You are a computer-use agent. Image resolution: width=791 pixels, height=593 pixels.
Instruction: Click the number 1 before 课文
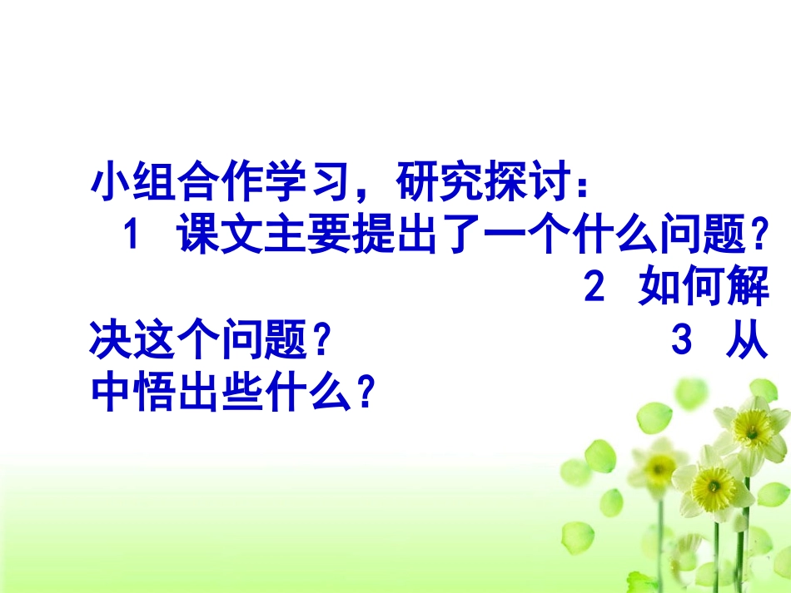pos(130,240)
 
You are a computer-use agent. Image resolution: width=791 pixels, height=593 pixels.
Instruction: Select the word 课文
pos(218,240)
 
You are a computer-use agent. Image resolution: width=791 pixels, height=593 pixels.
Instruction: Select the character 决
pos(110,342)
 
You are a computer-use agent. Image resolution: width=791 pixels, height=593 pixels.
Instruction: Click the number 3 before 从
pos(680,342)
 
